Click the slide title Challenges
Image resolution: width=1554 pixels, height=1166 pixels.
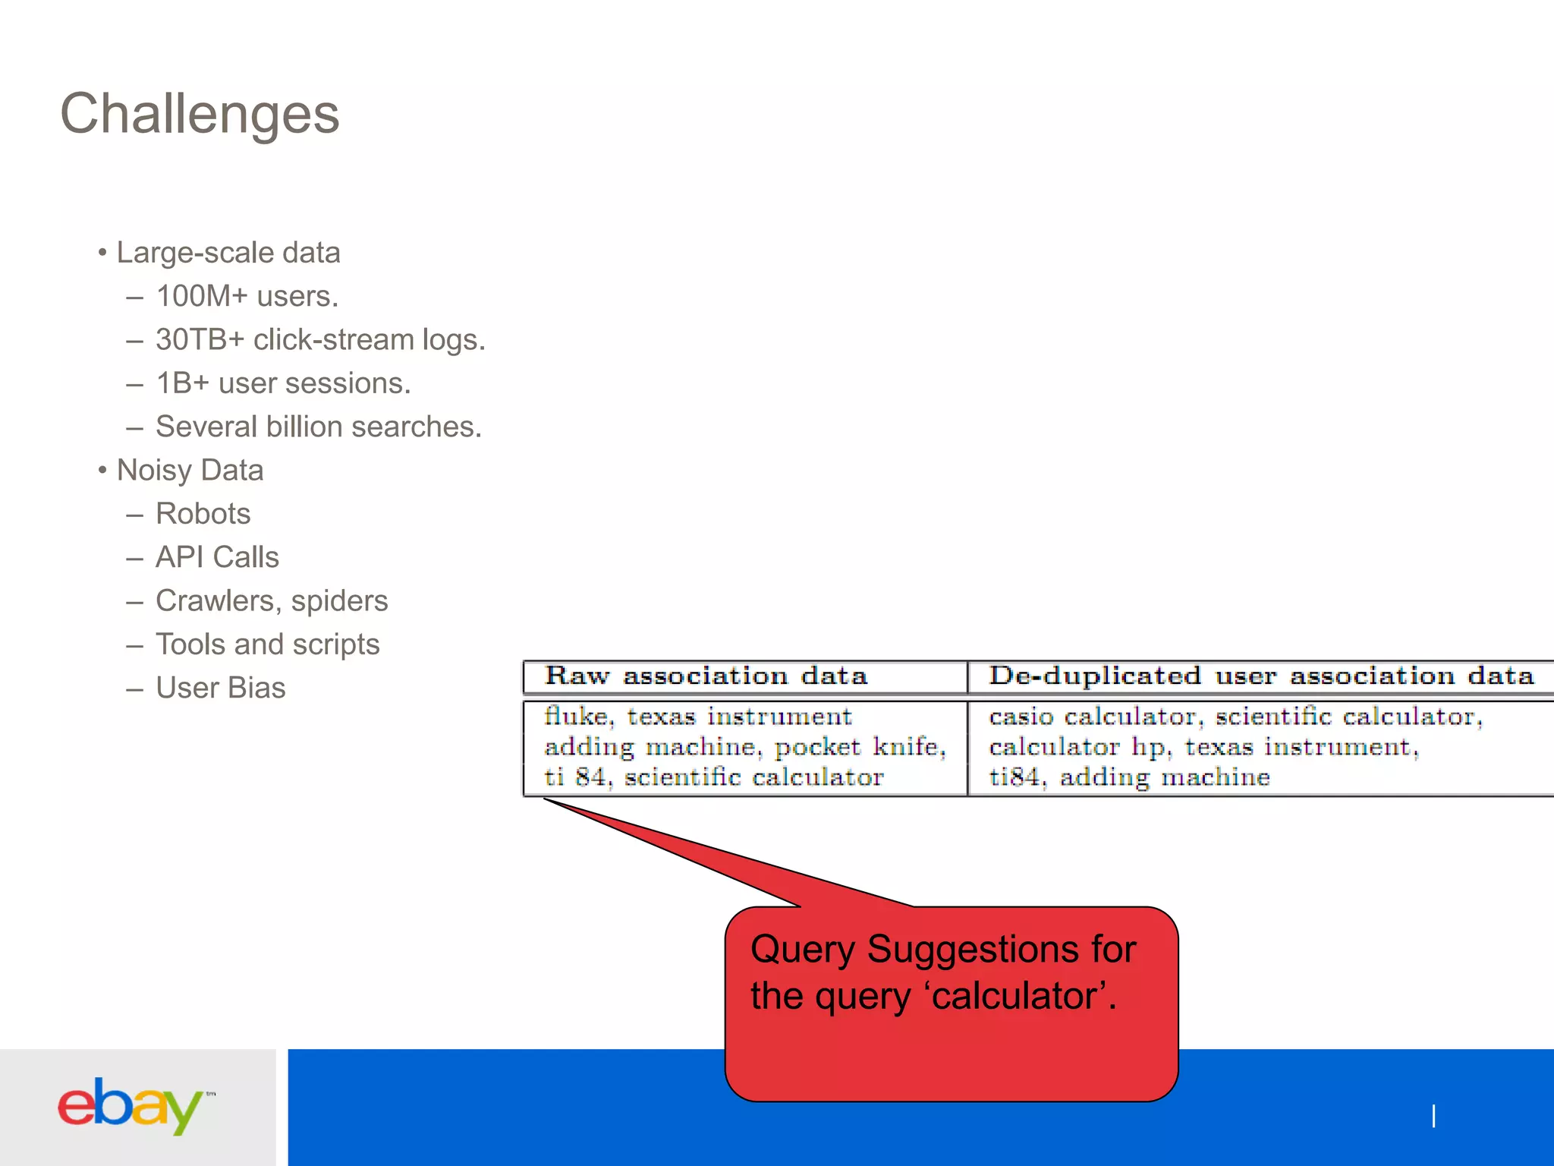(x=200, y=114)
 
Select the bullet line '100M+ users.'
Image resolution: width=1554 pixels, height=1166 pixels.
(x=247, y=296)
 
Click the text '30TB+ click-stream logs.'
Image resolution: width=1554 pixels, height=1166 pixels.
(x=319, y=339)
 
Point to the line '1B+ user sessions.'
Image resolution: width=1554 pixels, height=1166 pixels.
(x=282, y=383)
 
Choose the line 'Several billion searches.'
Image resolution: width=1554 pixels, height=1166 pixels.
(x=318, y=427)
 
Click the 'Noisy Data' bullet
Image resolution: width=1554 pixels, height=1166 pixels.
(x=190, y=470)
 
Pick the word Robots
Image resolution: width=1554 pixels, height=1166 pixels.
(x=203, y=514)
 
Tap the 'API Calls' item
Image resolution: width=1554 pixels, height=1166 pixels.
(x=217, y=557)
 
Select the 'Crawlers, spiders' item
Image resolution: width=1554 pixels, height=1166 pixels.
(x=271, y=600)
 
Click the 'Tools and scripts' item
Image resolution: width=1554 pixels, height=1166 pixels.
(x=267, y=644)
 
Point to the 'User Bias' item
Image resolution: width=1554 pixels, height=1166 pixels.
(x=220, y=688)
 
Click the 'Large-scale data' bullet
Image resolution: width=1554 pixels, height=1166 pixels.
(x=228, y=253)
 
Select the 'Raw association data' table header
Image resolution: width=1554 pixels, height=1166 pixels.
(x=706, y=676)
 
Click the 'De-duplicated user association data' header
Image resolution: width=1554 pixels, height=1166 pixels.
(x=1260, y=676)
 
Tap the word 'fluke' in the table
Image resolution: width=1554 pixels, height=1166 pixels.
(x=576, y=716)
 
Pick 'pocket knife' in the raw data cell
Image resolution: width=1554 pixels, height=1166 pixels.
(x=857, y=747)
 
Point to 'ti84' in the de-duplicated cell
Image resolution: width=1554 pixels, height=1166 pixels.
(x=1015, y=777)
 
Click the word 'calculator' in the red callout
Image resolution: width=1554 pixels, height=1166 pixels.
(x=1015, y=996)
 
